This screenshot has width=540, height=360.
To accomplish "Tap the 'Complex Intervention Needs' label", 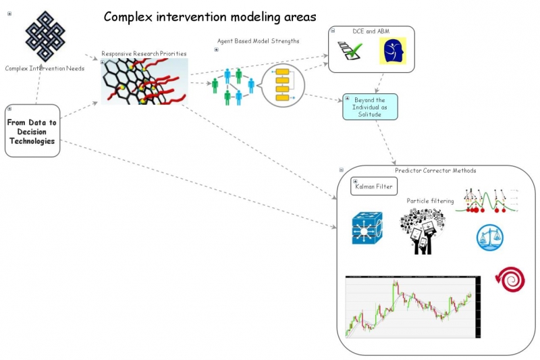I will [x=45, y=68].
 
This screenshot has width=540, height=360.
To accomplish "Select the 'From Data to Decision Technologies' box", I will [x=32, y=131].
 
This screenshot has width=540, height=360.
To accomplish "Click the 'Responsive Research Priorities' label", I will [x=144, y=53].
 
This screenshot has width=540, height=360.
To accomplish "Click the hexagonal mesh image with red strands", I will [x=144, y=81].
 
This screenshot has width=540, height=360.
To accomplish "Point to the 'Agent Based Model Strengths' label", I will [x=258, y=41].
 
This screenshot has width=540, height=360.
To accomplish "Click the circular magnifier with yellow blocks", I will [x=282, y=84].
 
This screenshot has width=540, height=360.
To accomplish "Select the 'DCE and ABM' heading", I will [x=371, y=31].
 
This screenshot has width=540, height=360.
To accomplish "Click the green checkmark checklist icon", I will [x=351, y=51].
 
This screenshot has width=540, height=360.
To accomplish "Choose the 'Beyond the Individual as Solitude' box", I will [x=370, y=107].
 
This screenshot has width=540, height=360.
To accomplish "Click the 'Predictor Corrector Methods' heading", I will [x=435, y=170].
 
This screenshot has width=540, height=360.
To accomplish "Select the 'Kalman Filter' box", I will [x=373, y=186].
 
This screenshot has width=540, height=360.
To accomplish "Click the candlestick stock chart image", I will [x=412, y=306].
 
